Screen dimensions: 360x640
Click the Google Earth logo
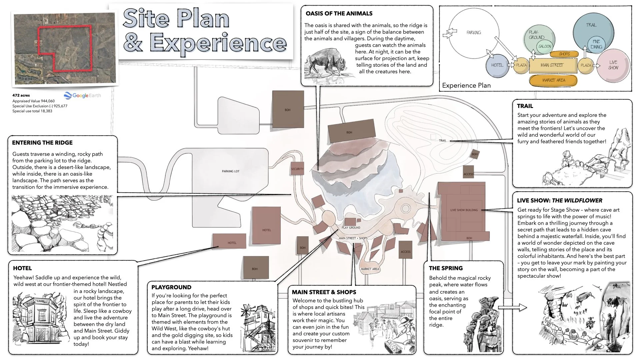pyautogui.click(x=82, y=96)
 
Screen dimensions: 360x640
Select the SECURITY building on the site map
pyautogui.click(x=297, y=169)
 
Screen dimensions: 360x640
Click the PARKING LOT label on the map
pyautogui.click(x=231, y=171)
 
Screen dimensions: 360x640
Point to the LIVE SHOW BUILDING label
pyautogui.click(x=464, y=210)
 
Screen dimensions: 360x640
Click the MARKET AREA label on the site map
pyautogui.click(x=370, y=269)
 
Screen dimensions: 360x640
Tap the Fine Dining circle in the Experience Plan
pyautogui.click(x=596, y=44)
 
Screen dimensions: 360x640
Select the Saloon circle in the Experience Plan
pyautogui.click(x=545, y=46)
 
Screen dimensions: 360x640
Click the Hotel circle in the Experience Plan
pyautogui.click(x=497, y=65)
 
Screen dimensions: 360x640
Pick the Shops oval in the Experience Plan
pyautogui.click(x=564, y=54)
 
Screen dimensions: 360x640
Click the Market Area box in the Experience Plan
pyautogui.click(x=554, y=80)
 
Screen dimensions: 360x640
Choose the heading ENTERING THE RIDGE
pyautogui.click(x=42, y=143)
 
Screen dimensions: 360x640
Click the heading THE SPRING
pyautogui.click(x=446, y=268)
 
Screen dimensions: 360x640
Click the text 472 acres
pyautogui.click(x=21, y=95)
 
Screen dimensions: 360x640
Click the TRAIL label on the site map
pyautogui.click(x=442, y=141)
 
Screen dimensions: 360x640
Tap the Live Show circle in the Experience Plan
pyautogui.click(x=613, y=65)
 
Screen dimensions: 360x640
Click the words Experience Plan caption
pyautogui.click(x=466, y=85)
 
